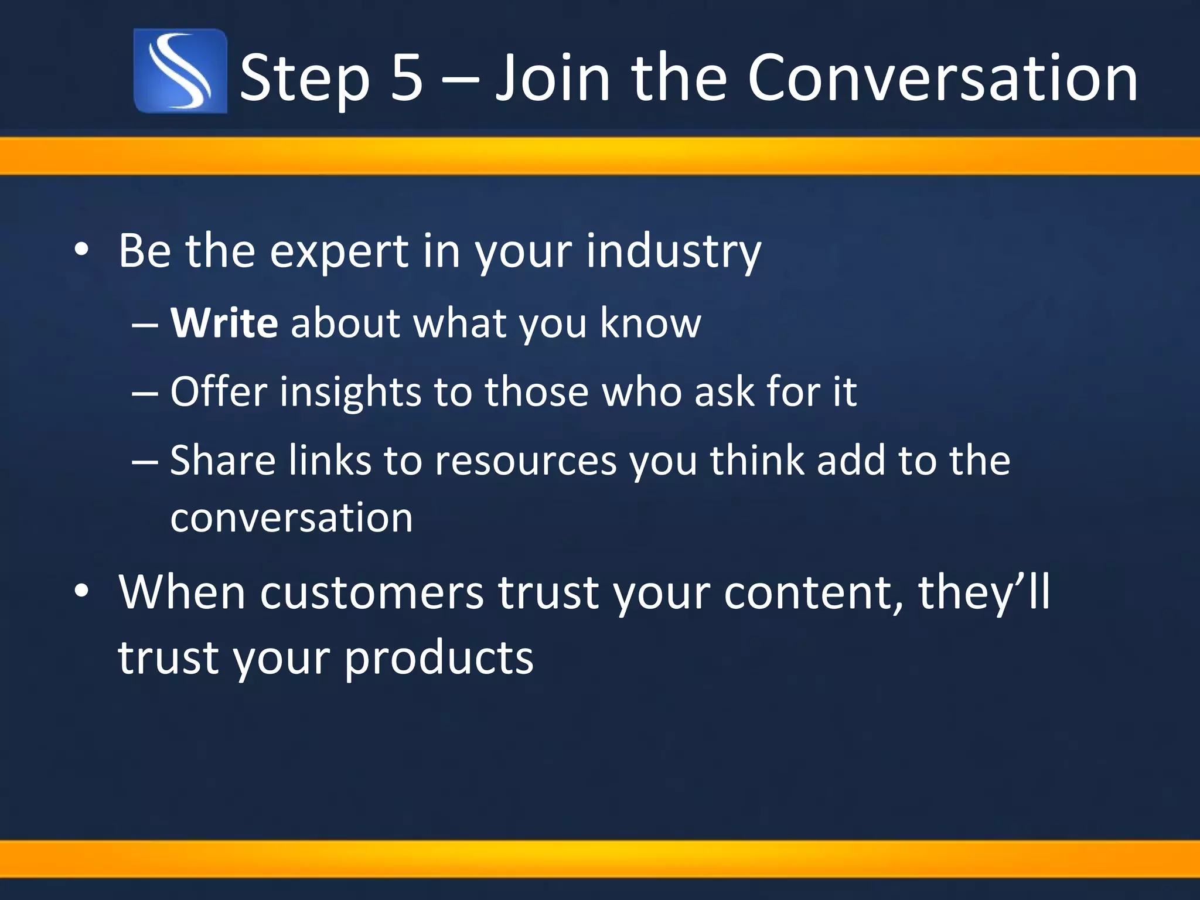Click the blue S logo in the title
[180, 71]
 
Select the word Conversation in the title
[942, 77]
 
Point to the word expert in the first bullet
[339, 251]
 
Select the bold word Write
[224, 323]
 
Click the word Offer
[219, 391]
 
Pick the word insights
[350, 391]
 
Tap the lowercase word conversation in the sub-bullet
[291, 517]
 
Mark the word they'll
[984, 593]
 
